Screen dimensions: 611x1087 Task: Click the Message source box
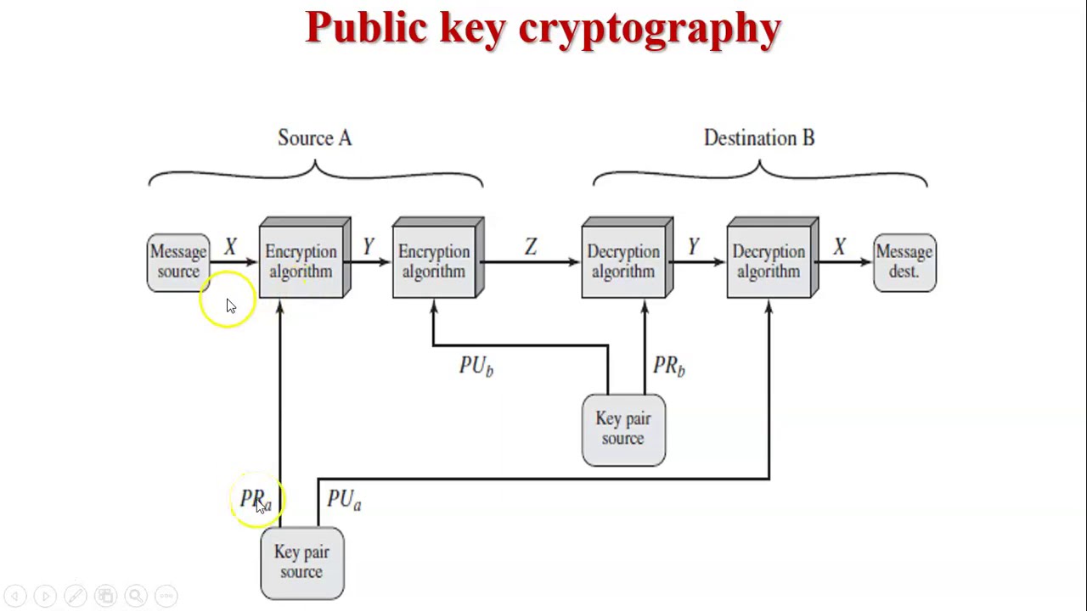click(177, 262)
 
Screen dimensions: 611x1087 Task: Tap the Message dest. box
click(904, 262)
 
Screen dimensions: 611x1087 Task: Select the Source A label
click(314, 138)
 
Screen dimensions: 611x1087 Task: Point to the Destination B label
click(758, 138)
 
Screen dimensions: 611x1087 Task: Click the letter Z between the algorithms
click(531, 247)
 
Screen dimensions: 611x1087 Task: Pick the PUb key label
click(476, 366)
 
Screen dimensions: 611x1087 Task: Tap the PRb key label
click(668, 366)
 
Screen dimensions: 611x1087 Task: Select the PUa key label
click(344, 500)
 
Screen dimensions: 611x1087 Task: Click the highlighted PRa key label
click(255, 500)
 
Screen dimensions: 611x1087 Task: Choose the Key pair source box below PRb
click(623, 429)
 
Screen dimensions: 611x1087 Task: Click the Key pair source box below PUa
click(301, 563)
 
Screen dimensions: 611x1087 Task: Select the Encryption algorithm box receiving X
click(301, 261)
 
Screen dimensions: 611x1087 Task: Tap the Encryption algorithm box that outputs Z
click(435, 261)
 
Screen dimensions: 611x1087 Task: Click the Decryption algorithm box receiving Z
click(624, 261)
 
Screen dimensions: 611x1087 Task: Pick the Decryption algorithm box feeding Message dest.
click(769, 261)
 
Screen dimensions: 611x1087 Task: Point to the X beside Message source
click(230, 247)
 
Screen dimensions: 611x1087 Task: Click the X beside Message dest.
click(839, 247)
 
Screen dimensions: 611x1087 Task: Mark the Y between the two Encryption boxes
click(368, 247)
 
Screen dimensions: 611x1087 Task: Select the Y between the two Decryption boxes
click(694, 247)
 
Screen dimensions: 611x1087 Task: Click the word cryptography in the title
click(650, 29)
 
